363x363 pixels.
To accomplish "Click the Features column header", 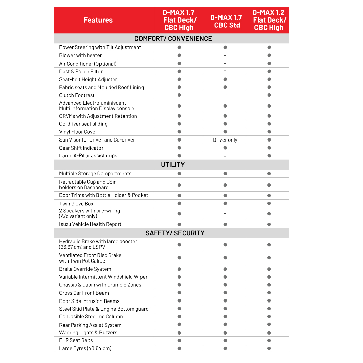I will click(x=98, y=20).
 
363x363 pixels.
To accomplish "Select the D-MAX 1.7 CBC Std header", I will click(x=226, y=21).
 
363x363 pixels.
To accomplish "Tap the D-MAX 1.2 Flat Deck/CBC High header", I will click(x=269, y=20).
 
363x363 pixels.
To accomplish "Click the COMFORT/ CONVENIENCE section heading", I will click(x=173, y=39).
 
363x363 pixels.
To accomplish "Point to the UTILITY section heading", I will click(x=173, y=165).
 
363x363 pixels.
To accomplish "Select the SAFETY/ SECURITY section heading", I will click(x=175, y=233).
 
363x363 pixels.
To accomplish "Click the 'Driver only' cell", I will click(x=225, y=140).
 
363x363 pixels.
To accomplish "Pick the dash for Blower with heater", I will click(x=225, y=56).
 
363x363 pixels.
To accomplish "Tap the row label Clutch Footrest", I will click(x=77, y=95).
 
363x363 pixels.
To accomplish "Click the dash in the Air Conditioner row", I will click(x=225, y=64).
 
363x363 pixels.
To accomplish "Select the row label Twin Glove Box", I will click(x=76, y=204).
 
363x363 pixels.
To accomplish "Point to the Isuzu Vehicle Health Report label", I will click(x=90, y=224).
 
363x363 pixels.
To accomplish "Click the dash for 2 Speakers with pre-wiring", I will click(x=225, y=214).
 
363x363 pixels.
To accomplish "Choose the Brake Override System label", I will click(x=85, y=269).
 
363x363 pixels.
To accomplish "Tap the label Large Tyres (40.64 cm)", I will click(x=85, y=348).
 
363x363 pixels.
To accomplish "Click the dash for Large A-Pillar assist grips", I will click(x=225, y=156).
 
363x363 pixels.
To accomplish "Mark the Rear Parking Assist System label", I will click(x=90, y=325).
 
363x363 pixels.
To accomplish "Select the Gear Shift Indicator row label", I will click(x=81, y=148).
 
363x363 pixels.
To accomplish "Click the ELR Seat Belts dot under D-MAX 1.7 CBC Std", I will click(x=225, y=340).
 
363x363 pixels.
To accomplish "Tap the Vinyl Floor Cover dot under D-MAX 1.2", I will click(x=269, y=132).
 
